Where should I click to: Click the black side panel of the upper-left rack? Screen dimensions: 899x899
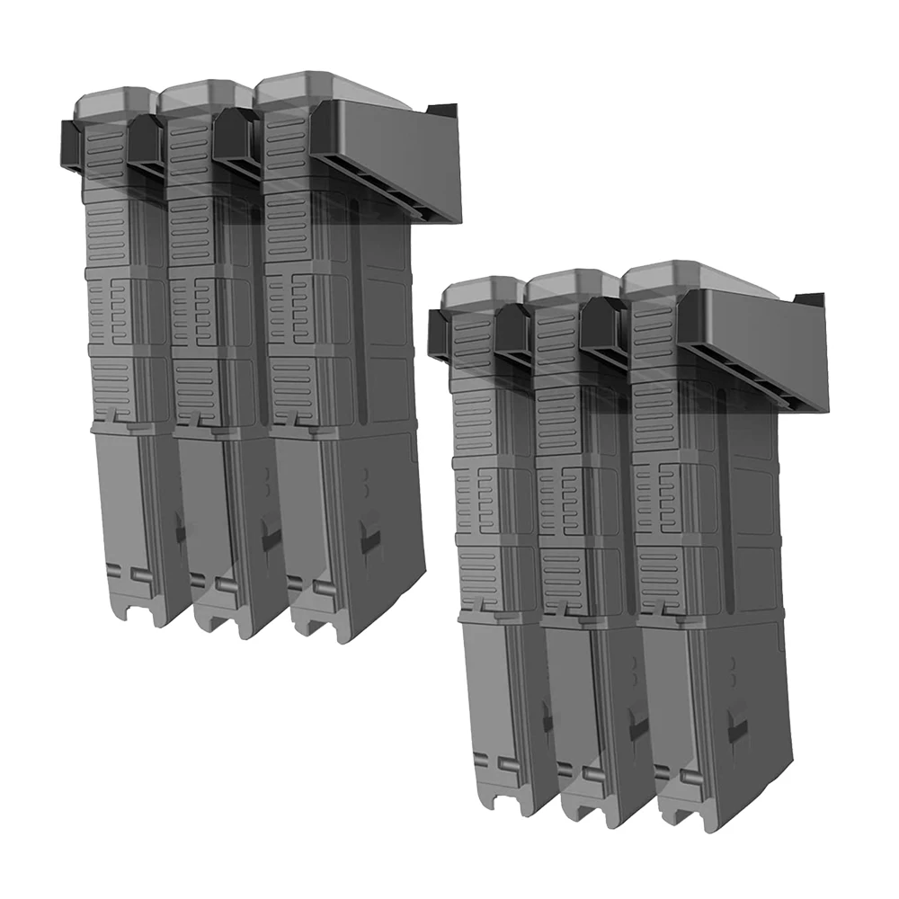pyautogui.click(x=396, y=144)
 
